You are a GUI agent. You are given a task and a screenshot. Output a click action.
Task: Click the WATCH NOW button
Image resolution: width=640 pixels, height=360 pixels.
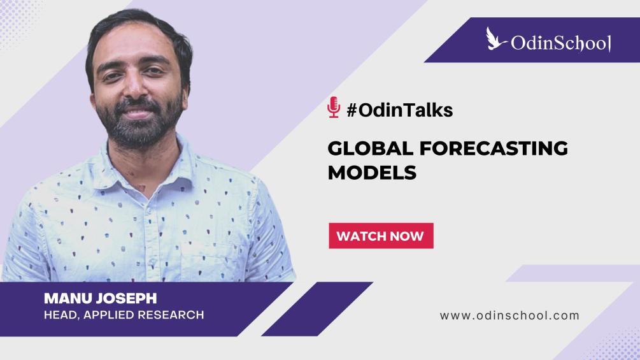[x=381, y=236]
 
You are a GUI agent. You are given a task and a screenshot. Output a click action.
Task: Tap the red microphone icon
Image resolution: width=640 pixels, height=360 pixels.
[x=334, y=107]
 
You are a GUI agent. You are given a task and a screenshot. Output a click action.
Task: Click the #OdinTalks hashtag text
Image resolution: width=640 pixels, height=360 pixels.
[x=399, y=110]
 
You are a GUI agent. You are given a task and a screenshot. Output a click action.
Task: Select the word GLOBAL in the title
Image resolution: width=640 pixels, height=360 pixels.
[x=370, y=148]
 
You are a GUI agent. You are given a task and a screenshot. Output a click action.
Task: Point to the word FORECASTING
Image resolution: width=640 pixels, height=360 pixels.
[x=494, y=148]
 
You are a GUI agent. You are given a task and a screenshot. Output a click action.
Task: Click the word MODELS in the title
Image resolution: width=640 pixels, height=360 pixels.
[x=372, y=172]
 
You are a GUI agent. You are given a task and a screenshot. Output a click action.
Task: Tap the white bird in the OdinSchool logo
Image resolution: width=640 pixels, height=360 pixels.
[x=496, y=39]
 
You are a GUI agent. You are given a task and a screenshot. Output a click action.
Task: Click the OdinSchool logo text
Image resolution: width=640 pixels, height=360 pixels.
[x=561, y=43]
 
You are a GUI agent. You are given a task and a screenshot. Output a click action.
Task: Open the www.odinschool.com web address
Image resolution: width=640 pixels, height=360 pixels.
[x=509, y=315]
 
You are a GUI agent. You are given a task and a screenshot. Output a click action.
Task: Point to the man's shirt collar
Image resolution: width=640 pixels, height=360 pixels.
[x=147, y=171]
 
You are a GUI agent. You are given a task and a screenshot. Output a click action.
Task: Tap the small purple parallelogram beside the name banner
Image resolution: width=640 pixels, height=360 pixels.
[x=316, y=309]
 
